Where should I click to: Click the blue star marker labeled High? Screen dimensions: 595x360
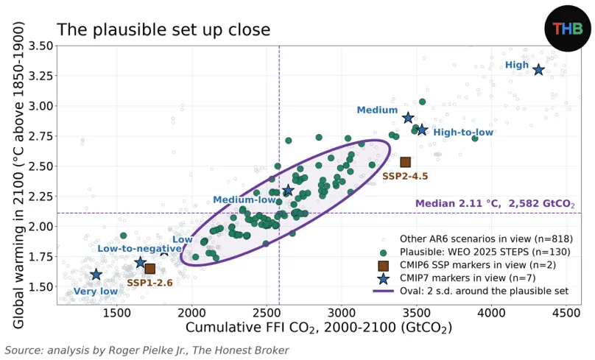pos(538,70)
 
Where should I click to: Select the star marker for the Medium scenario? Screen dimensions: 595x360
pos(408,118)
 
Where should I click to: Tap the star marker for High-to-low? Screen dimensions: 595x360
pos(422,130)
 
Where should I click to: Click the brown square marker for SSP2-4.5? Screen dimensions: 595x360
pos(405,163)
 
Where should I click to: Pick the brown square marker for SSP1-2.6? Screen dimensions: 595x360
pos(150,269)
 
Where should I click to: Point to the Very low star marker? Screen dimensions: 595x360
pos(96,275)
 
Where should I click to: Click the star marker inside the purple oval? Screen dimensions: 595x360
pos(289,190)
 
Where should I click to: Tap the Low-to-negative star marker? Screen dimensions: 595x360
pos(141,262)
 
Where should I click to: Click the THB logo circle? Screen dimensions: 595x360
pos(568,29)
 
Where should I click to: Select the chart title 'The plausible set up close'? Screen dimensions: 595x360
pos(163,29)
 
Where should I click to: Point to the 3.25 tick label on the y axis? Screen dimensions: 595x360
pos(41,76)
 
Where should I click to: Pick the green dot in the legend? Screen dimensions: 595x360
pos(383,253)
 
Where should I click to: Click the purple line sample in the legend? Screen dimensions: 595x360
pos(383,292)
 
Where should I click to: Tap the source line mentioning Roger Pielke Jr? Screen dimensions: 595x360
pos(147,350)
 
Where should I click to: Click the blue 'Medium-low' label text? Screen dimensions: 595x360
pos(244,200)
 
